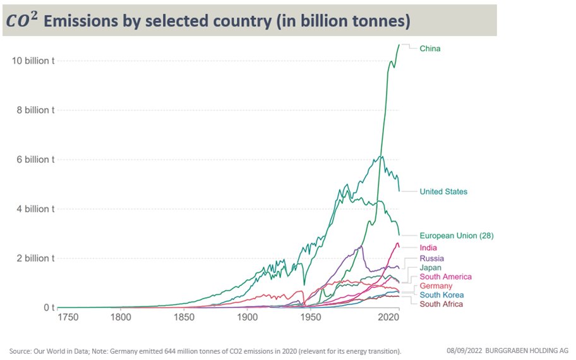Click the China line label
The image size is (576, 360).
(x=430, y=49)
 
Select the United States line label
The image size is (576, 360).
(x=443, y=191)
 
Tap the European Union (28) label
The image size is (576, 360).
(x=456, y=236)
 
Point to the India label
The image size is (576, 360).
(x=428, y=248)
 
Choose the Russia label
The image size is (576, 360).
(x=431, y=258)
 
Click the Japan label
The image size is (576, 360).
(x=431, y=268)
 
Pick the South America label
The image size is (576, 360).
(x=445, y=277)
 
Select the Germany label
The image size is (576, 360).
(x=436, y=286)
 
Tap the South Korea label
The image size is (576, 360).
(x=441, y=295)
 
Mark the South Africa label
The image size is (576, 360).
(x=441, y=304)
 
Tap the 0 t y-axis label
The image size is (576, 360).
(x=49, y=308)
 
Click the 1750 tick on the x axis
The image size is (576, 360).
(x=68, y=318)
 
